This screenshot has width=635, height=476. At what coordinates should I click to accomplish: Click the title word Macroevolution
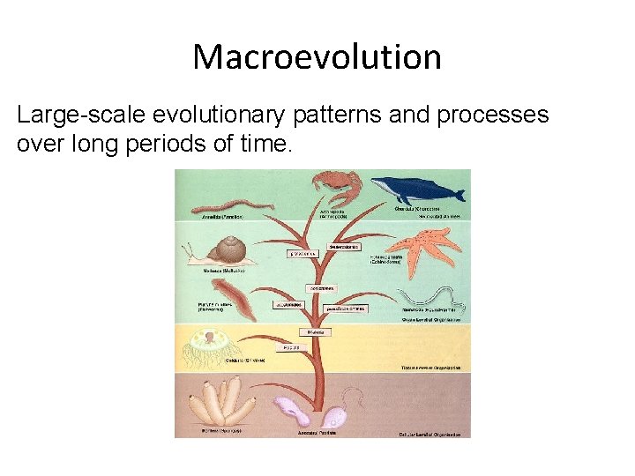(317, 57)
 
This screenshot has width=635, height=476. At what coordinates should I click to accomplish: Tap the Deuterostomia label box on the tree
(343, 247)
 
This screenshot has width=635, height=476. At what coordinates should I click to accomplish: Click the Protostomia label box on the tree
(301, 254)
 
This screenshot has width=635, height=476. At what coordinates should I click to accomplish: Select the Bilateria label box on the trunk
(315, 332)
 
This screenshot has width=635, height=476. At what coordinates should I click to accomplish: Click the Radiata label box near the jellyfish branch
(290, 347)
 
